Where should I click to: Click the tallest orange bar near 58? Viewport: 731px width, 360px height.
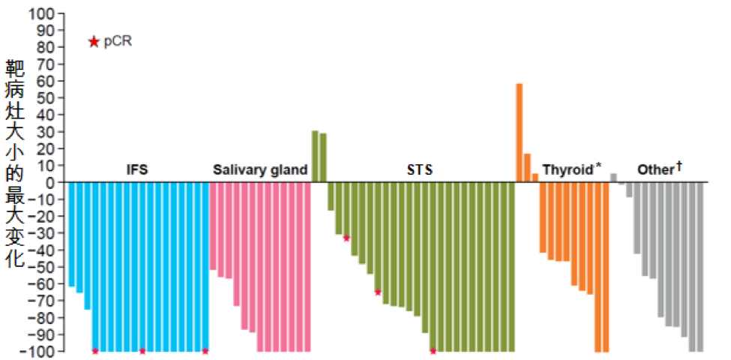(519, 132)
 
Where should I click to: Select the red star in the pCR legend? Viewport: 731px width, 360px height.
(94, 42)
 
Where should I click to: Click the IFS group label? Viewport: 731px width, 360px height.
(137, 170)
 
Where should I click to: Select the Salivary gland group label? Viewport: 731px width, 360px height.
(259, 170)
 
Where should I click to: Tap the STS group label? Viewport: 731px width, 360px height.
(421, 170)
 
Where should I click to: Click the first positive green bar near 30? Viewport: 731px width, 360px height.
(315, 156)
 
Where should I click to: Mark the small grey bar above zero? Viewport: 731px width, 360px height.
(613, 178)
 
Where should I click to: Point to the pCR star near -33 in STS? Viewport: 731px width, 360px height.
(346, 238)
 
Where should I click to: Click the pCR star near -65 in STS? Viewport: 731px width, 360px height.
(378, 292)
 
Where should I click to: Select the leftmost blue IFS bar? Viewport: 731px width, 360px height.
(71, 234)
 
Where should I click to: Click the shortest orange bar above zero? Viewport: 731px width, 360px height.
(535, 178)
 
